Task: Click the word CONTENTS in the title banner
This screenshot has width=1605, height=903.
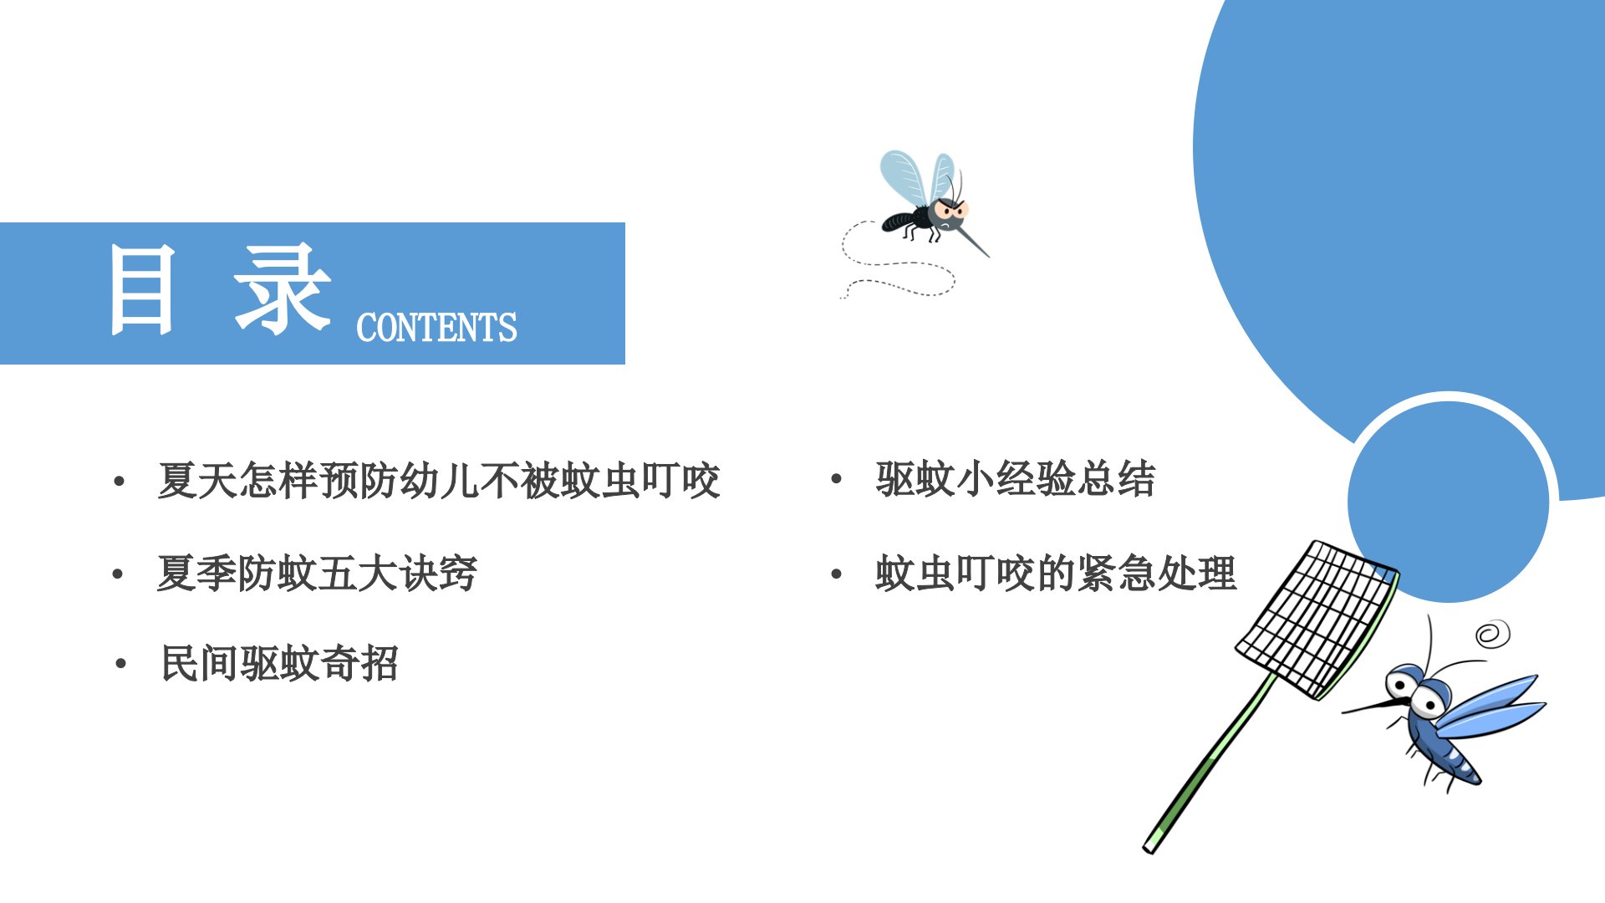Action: point(436,328)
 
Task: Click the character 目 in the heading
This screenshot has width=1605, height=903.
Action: point(143,290)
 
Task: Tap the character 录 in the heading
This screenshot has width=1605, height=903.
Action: point(282,290)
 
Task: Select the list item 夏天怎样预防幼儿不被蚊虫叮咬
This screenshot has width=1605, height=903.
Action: point(439,481)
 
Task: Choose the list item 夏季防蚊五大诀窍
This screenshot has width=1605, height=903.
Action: point(317,574)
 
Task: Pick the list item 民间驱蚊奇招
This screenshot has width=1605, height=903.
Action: point(279,664)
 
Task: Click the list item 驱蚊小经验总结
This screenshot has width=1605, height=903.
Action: point(1016,479)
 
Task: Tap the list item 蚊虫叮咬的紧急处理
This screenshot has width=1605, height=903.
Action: point(1056,574)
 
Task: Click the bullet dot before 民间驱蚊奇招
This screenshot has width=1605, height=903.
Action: point(121,665)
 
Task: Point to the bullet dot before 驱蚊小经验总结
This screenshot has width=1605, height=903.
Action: point(836,479)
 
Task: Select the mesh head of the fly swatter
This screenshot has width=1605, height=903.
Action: point(1317,620)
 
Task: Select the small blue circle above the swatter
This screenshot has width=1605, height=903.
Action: point(1449,501)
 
